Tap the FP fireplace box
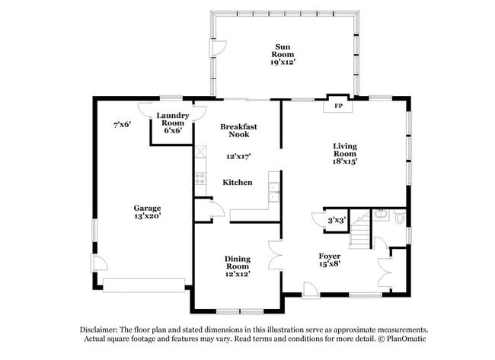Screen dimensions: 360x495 click(x=338, y=106)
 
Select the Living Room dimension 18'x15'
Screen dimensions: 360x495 click(x=344, y=161)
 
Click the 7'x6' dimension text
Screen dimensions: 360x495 click(x=123, y=124)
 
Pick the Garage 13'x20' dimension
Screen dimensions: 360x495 click(x=147, y=216)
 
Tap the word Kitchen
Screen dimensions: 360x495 click(x=238, y=183)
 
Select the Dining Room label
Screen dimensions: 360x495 click(x=237, y=263)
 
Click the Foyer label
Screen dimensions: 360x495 click(x=329, y=255)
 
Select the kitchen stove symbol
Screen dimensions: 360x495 click(x=200, y=180)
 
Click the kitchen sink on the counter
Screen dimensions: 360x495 click(x=275, y=190)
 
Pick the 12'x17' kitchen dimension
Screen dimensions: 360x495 click(x=238, y=156)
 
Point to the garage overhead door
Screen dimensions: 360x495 click(x=145, y=285)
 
